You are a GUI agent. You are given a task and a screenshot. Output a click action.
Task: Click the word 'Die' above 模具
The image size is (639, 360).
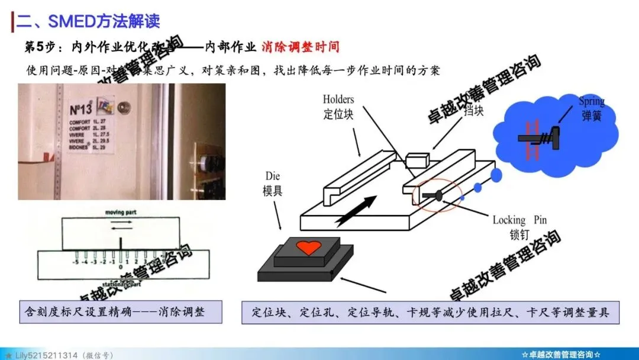coord(273,176)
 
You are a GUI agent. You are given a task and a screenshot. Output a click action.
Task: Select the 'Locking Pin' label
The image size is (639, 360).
coord(519,220)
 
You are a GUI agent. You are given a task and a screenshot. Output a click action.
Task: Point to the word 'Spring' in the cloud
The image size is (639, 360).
coord(591,101)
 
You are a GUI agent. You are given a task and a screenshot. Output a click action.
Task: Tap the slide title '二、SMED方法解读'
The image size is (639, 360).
coord(88,22)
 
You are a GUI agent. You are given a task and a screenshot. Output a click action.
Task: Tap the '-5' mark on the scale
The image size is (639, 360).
coord(75,261)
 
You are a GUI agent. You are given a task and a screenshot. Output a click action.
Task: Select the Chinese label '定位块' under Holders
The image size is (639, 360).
coord(338,114)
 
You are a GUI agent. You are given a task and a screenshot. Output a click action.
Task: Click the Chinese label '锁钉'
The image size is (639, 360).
coord(519,234)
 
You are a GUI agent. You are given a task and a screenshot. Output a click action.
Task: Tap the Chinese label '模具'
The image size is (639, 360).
coord(273,190)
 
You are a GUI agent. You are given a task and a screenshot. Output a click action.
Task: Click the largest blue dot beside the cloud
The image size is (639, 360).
coord(496,175)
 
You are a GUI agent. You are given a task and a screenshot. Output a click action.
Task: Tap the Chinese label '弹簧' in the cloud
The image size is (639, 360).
coord(591,115)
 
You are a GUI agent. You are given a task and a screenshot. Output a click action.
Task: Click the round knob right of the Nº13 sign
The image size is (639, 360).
coord(124,109)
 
